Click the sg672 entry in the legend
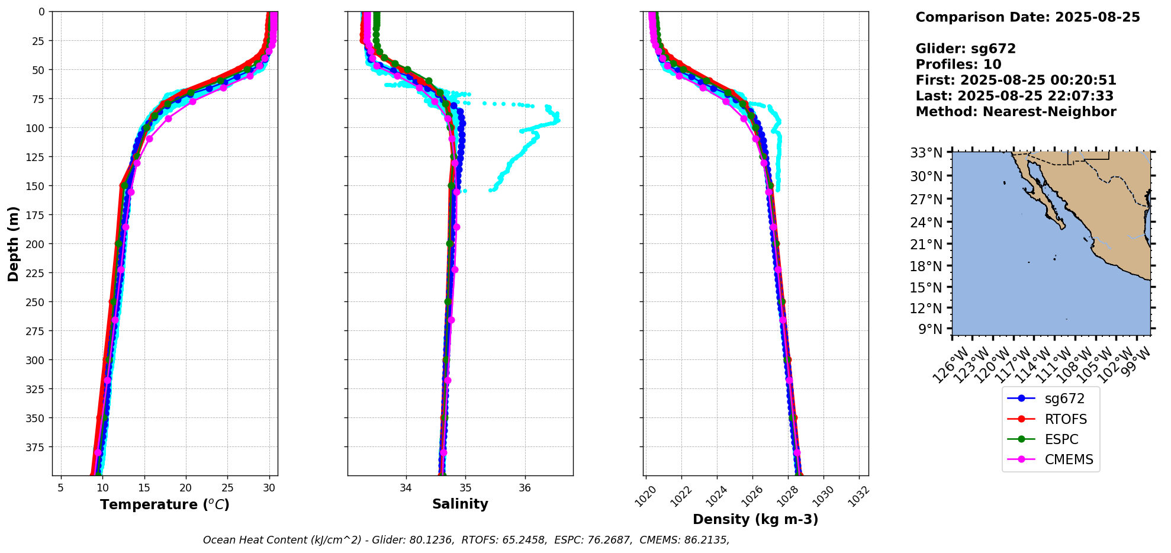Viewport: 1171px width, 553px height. (1064, 398)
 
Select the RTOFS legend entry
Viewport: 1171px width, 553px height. (1065, 419)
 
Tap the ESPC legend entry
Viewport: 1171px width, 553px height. (1061, 439)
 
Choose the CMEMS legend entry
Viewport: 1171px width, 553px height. (1069, 459)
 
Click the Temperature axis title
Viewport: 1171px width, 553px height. (165, 504)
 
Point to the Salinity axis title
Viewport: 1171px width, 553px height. (460, 504)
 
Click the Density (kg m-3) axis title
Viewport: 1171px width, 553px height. (755, 519)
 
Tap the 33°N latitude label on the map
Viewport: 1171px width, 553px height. (926, 153)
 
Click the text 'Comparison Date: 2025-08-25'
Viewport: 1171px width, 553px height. (1027, 17)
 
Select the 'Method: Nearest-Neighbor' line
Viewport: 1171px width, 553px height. (1015, 112)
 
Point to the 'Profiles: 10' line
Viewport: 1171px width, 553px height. (958, 65)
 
